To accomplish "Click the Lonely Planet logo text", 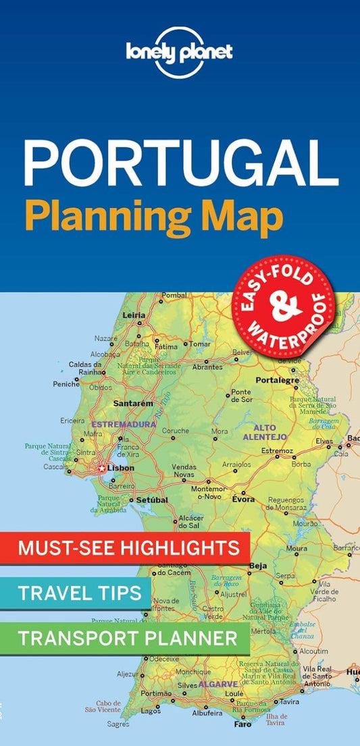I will [x=180, y=51].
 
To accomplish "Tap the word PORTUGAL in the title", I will [x=180, y=164].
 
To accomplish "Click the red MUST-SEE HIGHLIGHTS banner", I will [x=128, y=548].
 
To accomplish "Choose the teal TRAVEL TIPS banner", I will [x=79, y=593].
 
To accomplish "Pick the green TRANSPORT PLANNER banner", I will [x=128, y=637].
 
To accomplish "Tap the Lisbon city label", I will [x=121, y=467].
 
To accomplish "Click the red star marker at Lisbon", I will [x=102, y=468].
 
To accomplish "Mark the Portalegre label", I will [x=277, y=381].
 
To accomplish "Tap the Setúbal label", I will [x=152, y=500].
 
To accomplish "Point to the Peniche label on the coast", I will [x=66, y=383].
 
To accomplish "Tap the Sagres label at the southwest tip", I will [x=118, y=724].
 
